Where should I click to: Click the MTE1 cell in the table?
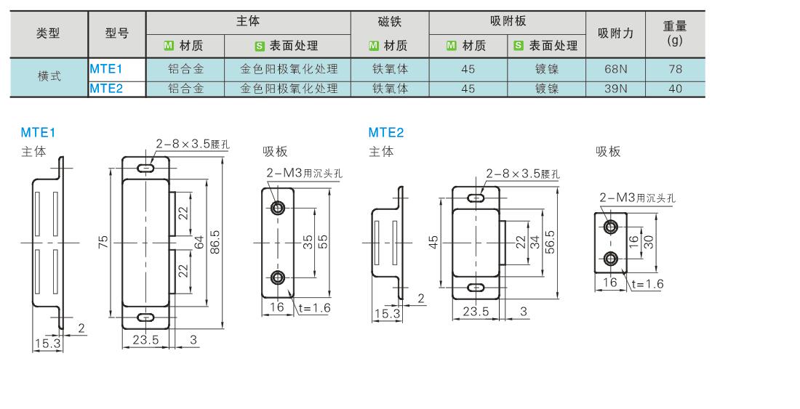pos(105,70)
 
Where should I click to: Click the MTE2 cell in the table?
pos(105,89)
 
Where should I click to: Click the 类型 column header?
pos(48,33)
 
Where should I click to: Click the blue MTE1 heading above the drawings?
pos(38,132)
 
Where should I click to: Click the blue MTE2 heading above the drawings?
pos(385,132)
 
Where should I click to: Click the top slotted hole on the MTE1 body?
pos(146,168)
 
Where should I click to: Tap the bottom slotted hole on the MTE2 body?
pos(476,288)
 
